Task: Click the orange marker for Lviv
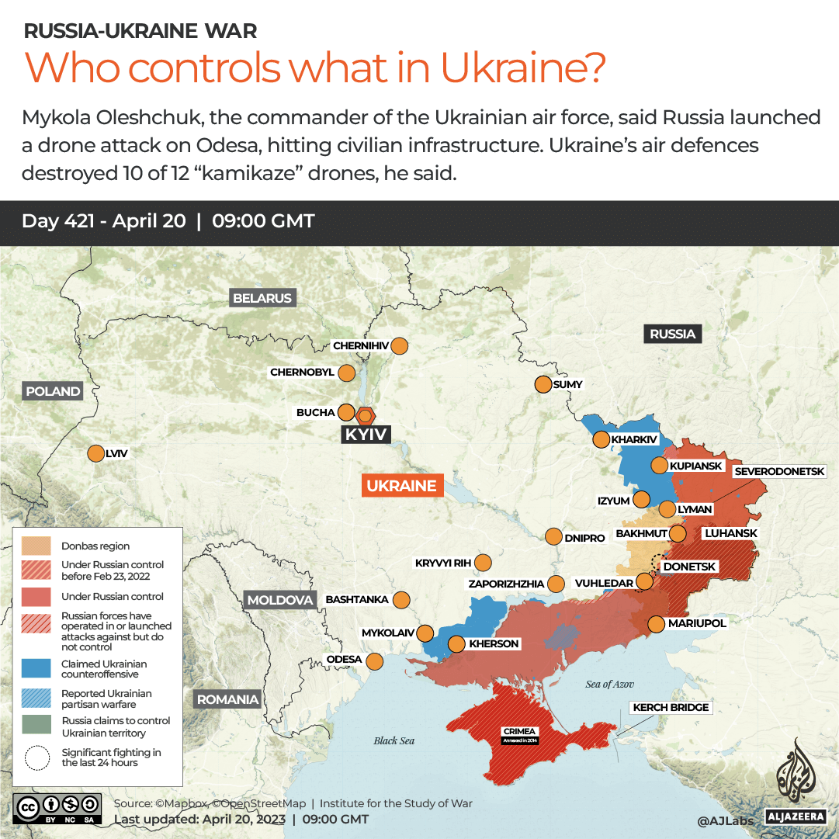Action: point(96,454)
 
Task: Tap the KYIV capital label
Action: point(366,435)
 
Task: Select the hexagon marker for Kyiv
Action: point(364,415)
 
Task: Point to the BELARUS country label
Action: point(262,298)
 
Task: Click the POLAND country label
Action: point(53,391)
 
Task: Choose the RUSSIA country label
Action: point(672,334)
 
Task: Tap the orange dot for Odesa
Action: point(374,661)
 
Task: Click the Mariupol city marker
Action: point(656,623)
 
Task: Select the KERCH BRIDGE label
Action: point(671,707)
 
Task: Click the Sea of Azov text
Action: point(610,684)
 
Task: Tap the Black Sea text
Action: point(394,740)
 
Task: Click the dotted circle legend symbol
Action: point(36,758)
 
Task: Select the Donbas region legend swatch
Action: point(36,546)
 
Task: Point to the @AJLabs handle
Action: point(724,820)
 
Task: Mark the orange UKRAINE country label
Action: point(401,486)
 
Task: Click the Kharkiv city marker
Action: point(601,440)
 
